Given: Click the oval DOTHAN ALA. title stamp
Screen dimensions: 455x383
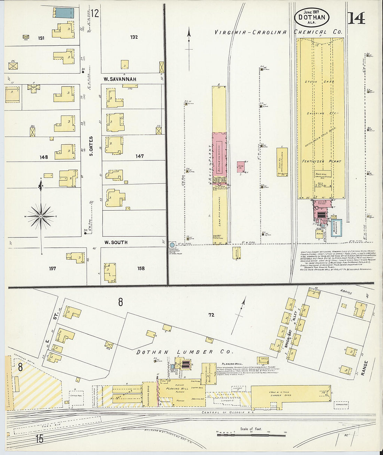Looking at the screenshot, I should click(x=312, y=17).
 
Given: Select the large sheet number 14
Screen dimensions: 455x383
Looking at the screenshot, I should click(x=356, y=18).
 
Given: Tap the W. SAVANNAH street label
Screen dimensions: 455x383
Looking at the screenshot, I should click(x=120, y=79).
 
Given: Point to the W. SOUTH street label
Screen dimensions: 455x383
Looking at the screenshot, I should click(x=116, y=242).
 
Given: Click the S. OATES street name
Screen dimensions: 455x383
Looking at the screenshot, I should click(x=91, y=146).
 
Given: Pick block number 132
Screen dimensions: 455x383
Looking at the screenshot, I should click(x=134, y=37).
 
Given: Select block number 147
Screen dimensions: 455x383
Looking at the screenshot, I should click(x=140, y=156).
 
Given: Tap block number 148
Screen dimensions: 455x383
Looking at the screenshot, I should click(x=44, y=157).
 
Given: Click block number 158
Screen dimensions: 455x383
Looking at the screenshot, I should click(x=141, y=268).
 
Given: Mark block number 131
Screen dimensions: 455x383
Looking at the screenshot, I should click(x=41, y=38).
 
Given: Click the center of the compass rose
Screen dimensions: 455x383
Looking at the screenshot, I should click(x=41, y=217).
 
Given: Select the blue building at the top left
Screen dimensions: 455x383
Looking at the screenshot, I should click(x=63, y=13).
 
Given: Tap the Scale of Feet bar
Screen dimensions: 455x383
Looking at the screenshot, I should click(x=251, y=435).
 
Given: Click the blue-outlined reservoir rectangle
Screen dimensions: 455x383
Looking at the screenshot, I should click(x=336, y=228).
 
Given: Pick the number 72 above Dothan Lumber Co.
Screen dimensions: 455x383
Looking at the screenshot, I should click(x=211, y=315).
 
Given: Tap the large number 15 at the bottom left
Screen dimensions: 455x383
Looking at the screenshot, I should click(x=39, y=439).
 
